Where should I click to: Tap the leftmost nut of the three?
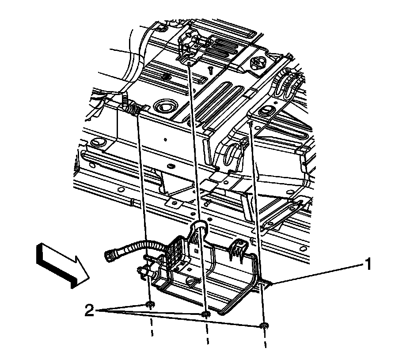pos(150,305)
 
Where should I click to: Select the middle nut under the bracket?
pos(205,314)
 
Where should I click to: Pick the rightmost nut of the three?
pos(264,326)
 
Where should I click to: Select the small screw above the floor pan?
pos(211,70)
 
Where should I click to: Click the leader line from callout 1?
pos(318,274)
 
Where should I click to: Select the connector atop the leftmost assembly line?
pos(132,108)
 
